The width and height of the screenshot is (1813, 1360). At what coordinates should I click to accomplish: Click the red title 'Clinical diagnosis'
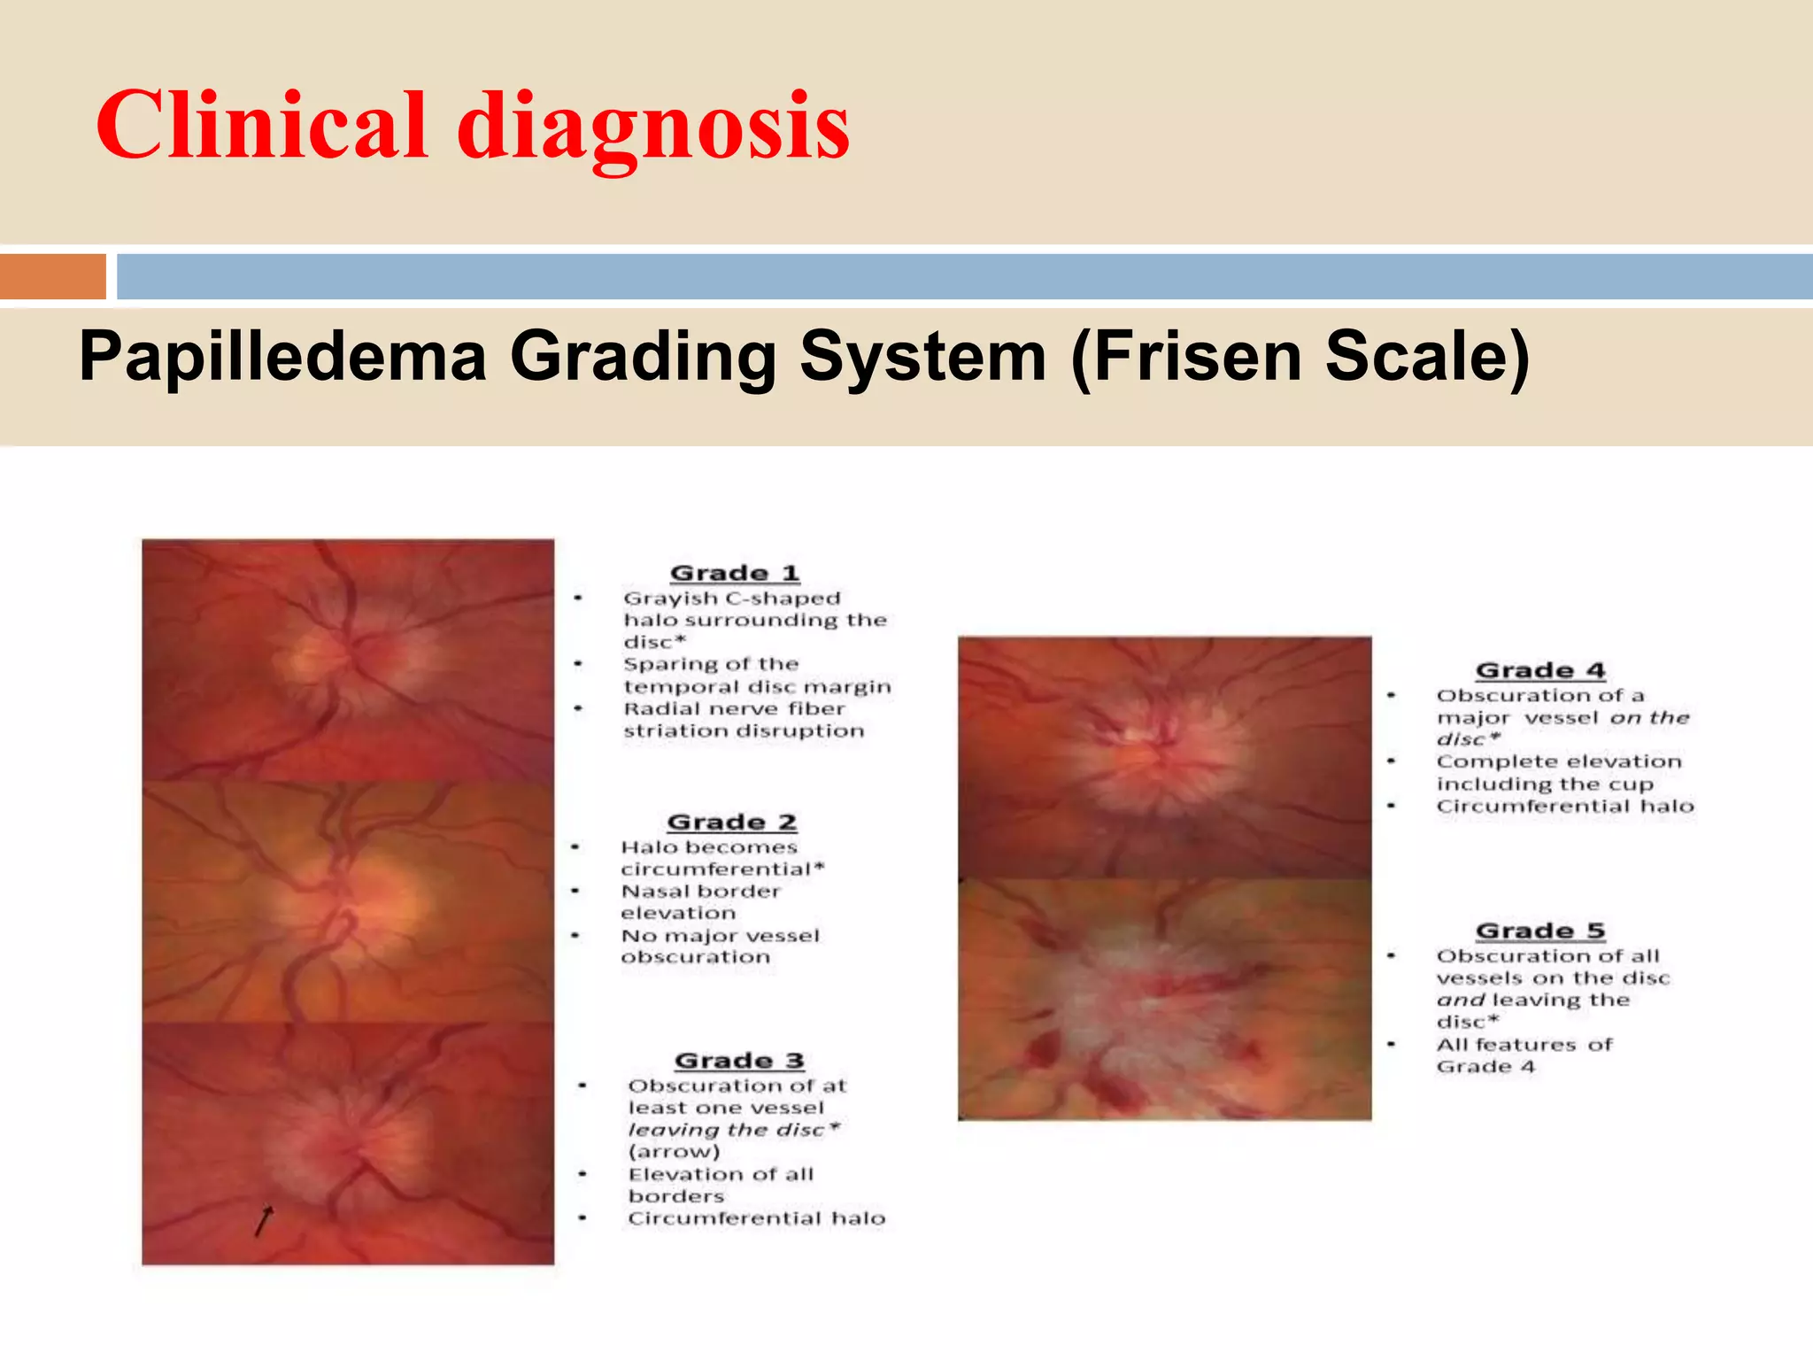(473, 126)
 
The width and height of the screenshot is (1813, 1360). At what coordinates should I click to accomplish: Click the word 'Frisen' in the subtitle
(1186, 356)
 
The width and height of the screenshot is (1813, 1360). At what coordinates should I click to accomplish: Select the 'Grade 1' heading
(735, 573)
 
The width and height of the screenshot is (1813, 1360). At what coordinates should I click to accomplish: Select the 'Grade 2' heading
(732, 822)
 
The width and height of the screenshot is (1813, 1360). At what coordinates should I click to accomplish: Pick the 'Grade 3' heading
(739, 1060)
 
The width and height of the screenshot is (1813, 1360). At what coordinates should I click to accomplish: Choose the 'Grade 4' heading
(1540, 670)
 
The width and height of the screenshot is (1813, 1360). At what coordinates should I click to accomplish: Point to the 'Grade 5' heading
(1540, 931)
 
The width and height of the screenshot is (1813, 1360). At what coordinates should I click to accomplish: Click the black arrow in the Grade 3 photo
(264, 1220)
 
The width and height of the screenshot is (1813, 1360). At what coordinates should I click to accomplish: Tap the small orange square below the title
(53, 276)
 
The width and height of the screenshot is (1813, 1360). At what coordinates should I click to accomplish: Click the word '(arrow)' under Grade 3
(675, 1152)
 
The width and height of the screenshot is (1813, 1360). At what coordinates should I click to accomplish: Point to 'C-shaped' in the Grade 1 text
(783, 599)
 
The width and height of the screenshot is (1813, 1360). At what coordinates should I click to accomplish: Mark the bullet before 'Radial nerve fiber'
(578, 708)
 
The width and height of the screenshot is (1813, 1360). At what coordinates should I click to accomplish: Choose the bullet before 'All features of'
(1392, 1045)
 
